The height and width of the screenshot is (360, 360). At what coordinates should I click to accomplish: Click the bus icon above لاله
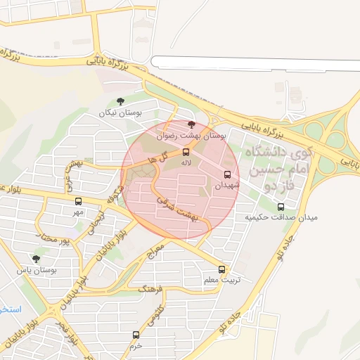point(186,152)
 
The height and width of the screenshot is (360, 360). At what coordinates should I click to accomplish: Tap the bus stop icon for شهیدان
point(227,174)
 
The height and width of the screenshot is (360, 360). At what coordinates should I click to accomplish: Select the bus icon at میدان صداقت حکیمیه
point(281,207)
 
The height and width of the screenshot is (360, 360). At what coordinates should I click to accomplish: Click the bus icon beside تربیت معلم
point(223,269)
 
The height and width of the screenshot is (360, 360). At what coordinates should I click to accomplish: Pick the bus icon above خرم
point(136,335)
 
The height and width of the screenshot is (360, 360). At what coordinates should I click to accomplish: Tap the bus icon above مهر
point(77,200)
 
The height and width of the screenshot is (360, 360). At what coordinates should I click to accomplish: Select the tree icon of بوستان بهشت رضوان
point(192,124)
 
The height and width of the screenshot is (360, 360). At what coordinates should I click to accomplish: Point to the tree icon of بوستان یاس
point(36,259)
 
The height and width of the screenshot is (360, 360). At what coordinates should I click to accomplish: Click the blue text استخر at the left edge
point(10,309)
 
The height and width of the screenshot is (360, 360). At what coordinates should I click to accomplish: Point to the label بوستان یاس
point(37,270)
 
